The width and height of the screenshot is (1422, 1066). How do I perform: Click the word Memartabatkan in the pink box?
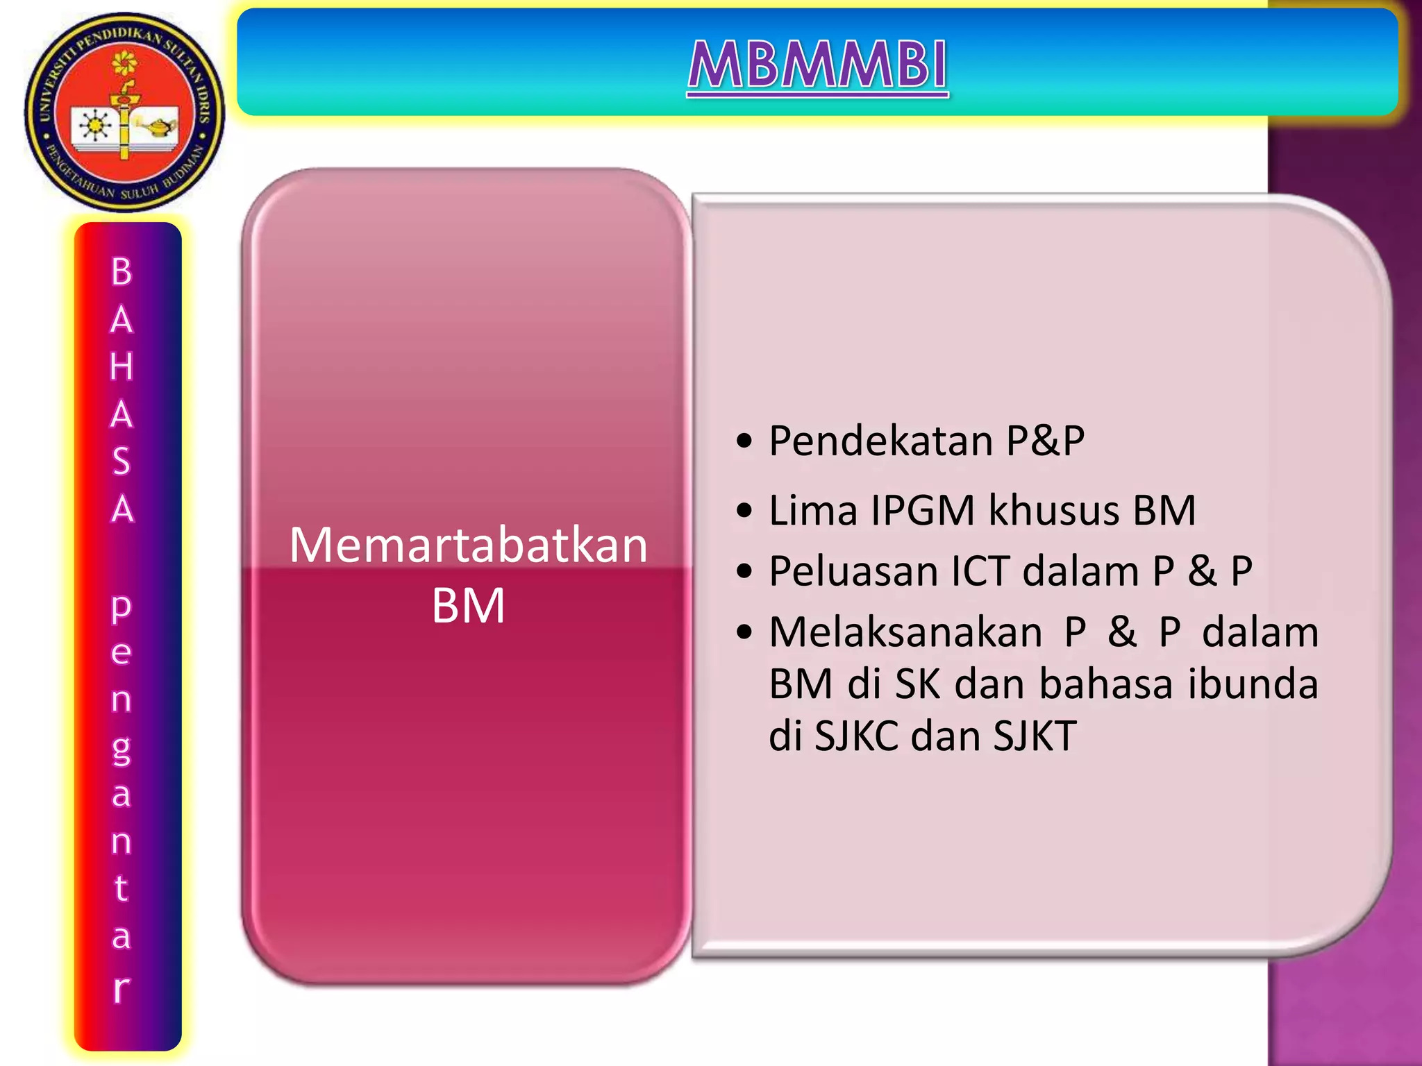point(468,545)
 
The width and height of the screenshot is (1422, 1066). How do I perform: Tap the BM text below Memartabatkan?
point(468,606)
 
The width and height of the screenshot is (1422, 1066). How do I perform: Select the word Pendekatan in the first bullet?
point(880,441)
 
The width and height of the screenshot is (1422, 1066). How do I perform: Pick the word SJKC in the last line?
point(856,736)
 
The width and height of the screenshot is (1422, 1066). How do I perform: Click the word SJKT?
point(1035,736)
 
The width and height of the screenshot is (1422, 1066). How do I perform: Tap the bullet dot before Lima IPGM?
point(744,511)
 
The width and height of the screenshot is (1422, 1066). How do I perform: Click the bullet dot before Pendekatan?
point(744,442)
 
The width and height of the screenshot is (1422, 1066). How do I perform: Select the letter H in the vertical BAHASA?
point(122,366)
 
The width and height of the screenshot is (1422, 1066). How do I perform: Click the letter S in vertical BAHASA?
point(122,462)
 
